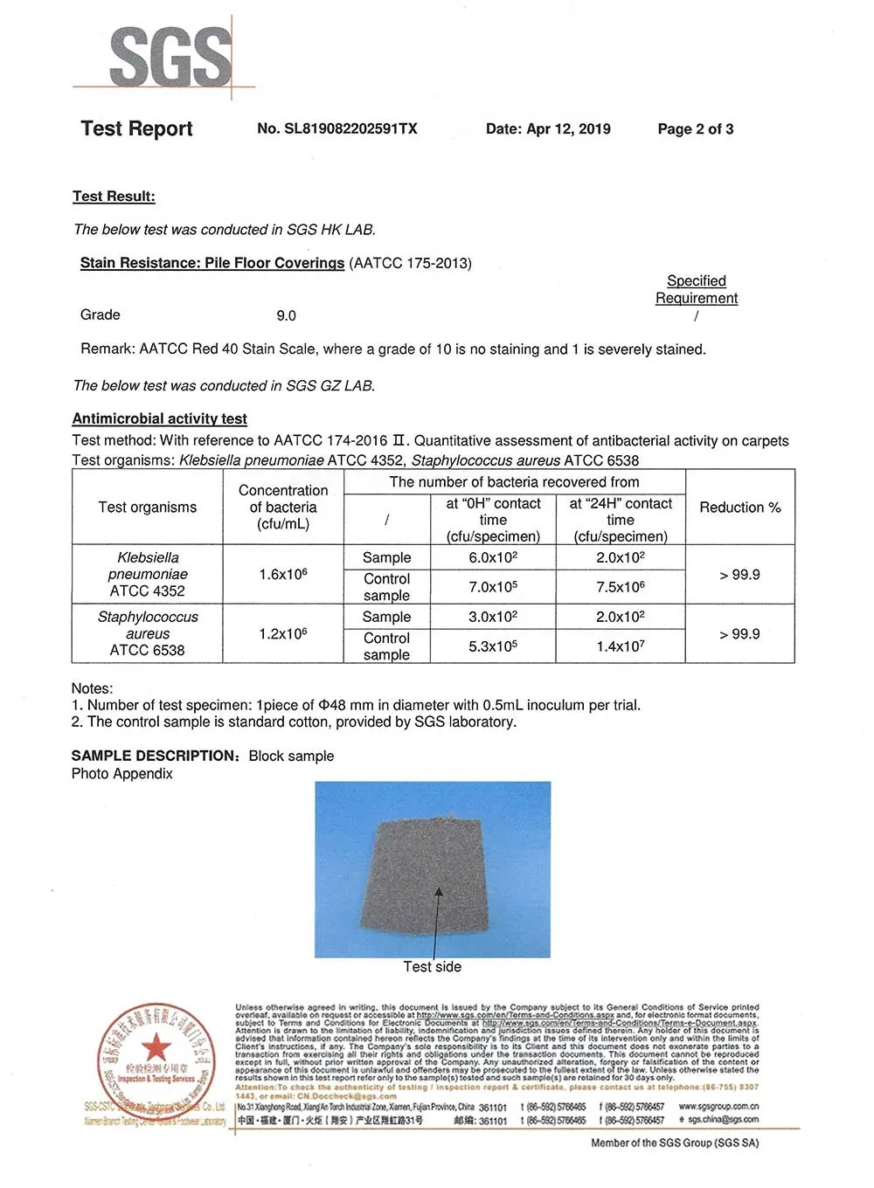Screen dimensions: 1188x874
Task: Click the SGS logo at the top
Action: [170, 57]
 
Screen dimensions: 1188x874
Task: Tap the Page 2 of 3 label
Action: [695, 129]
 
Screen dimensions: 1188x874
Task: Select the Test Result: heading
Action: [114, 197]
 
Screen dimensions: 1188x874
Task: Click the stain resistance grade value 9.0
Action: [286, 315]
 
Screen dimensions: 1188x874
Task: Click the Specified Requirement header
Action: [697, 289]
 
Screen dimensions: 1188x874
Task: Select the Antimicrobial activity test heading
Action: [159, 418]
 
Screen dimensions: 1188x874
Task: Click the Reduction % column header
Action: [739, 508]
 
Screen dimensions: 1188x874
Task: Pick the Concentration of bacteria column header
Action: [282, 508]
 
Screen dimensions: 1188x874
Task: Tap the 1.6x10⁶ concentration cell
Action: [282, 575]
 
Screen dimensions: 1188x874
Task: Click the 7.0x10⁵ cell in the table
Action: [493, 587]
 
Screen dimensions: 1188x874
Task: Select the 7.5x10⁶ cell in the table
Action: [621, 587]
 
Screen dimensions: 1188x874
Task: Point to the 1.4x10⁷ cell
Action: [621, 646]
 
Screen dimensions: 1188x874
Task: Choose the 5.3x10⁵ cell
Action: [493, 646]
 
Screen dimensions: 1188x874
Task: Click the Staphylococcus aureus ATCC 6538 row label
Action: [147, 633]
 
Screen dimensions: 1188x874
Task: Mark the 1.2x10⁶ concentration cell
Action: [282, 633]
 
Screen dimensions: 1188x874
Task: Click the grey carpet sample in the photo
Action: [433, 874]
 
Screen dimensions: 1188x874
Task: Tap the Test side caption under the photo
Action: [432, 967]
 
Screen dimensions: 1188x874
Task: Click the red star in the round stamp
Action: [156, 1046]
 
